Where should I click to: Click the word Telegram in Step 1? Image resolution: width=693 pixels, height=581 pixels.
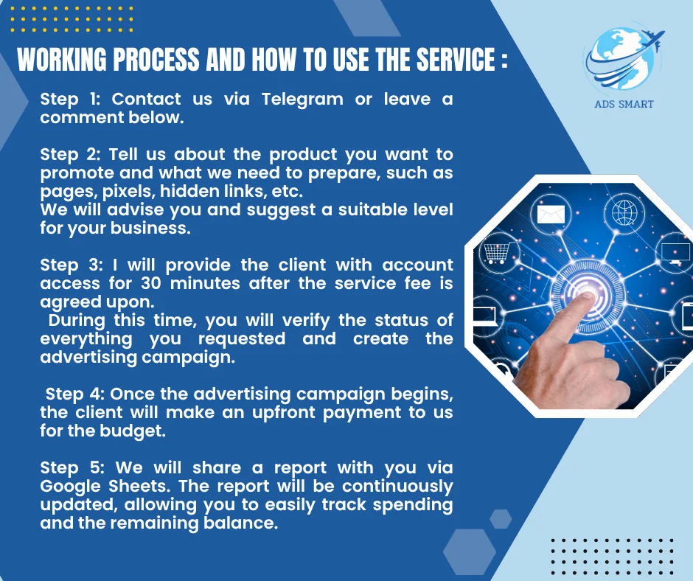(302, 100)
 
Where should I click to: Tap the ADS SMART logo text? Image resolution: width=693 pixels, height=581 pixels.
(624, 105)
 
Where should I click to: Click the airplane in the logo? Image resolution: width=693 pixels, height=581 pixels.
(651, 38)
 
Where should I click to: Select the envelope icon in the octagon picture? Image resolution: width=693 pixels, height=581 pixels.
(551, 215)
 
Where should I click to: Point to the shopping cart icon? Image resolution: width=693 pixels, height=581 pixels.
(497, 254)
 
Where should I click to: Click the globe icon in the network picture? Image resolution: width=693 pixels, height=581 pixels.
(624, 212)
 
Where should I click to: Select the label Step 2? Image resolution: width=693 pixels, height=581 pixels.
(71, 154)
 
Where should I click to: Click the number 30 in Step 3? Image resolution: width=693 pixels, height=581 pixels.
(151, 283)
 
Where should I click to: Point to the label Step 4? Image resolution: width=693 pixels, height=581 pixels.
(75, 394)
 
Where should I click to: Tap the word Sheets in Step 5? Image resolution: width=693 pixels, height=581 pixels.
(139, 486)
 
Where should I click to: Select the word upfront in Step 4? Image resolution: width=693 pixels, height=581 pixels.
(282, 414)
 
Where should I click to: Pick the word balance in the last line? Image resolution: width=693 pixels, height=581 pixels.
(240, 523)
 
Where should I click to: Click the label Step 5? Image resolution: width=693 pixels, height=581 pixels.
(72, 467)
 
